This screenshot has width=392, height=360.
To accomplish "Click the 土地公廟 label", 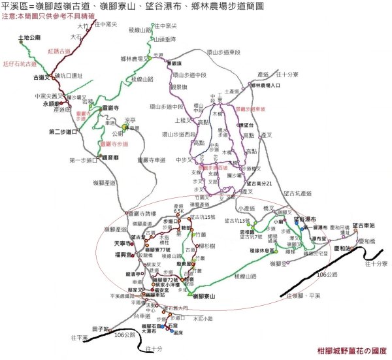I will coord(30,39).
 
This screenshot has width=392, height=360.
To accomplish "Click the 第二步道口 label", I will coord(63,132).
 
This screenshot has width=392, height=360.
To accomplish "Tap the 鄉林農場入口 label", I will coord(266,85).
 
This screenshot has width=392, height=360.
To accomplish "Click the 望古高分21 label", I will coord(256,184).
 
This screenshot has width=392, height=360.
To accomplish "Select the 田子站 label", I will coord(100,328).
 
